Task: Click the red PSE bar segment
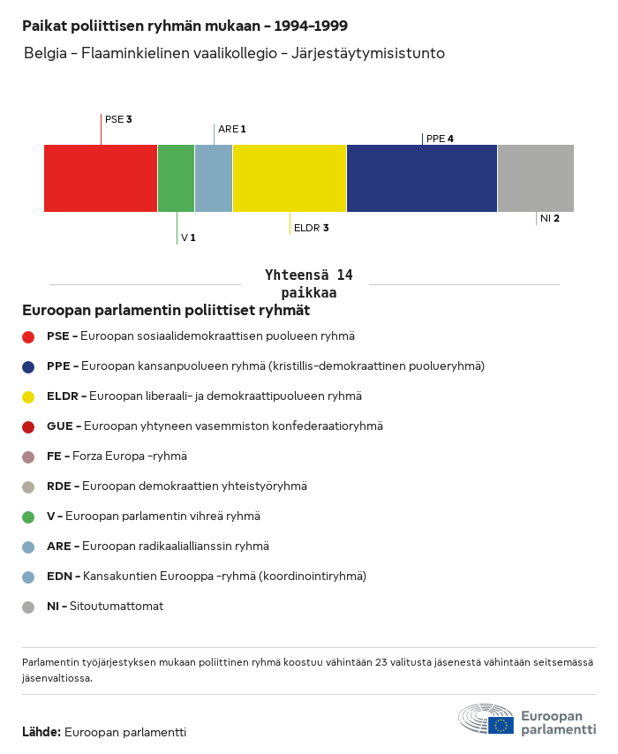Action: (101, 178)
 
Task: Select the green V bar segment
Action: (177, 178)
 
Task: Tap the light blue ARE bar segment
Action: (214, 178)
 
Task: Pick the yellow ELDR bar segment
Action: (290, 178)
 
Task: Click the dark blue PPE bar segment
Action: (422, 178)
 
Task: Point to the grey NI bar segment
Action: (536, 178)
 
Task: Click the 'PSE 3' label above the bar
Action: (118, 119)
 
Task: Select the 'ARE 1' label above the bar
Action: (231, 129)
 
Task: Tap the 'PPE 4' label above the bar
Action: (440, 139)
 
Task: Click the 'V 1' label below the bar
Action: (188, 238)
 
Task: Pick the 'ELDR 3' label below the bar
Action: (311, 228)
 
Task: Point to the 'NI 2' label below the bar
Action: (550, 218)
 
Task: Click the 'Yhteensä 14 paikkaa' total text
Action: (308, 283)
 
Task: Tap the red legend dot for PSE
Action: (28, 336)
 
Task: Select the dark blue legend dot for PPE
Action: (28, 366)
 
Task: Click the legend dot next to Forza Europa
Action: (28, 456)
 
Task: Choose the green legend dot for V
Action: (28, 516)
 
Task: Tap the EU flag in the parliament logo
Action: (501, 725)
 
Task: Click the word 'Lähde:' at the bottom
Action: (41, 732)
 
